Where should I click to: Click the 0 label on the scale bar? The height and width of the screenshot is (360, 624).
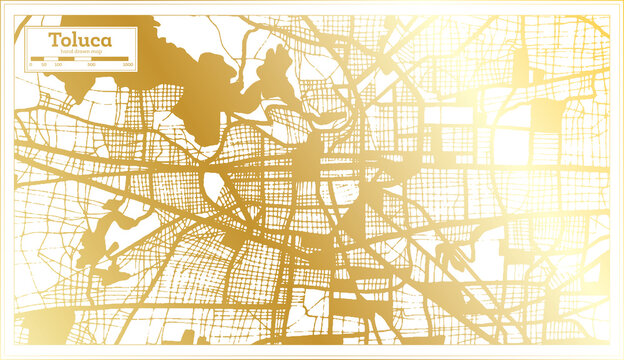coord(30,64)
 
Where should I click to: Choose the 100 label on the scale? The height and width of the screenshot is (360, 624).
coord(57,64)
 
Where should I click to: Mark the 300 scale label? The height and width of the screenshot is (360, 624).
coord(91,64)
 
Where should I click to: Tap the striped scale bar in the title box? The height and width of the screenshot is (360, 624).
coord(79,58)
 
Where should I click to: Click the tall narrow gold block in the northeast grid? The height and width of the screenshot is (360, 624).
coord(519,67)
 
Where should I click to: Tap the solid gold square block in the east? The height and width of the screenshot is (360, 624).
coord(546,114)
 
